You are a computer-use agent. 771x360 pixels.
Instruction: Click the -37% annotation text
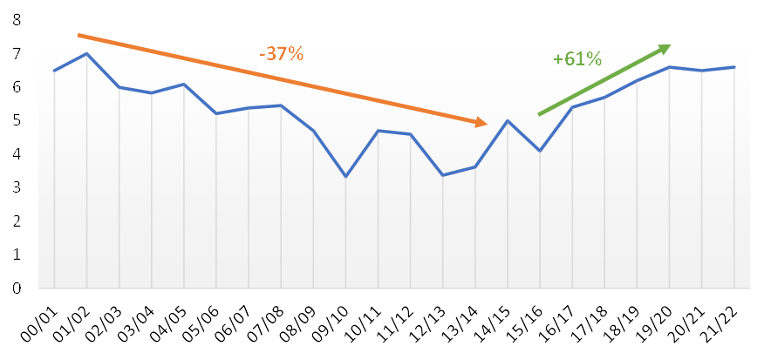coord(281,54)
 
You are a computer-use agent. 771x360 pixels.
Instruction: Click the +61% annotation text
coord(577,59)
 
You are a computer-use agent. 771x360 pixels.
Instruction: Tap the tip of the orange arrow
coord(486,124)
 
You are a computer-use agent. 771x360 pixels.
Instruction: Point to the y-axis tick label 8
coord(17,21)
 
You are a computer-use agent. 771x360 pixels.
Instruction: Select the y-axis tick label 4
coord(17,154)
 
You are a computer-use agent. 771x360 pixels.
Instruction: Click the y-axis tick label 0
coord(17,288)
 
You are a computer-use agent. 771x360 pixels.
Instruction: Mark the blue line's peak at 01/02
coord(86,54)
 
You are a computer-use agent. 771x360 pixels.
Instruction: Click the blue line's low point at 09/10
coord(346,177)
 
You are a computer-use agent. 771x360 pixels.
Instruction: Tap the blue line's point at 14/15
coord(508,121)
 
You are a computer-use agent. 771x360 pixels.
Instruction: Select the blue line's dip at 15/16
coord(541,151)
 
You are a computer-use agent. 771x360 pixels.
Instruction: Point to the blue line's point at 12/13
coord(443,175)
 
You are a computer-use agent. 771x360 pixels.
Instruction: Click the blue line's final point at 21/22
coord(735,67)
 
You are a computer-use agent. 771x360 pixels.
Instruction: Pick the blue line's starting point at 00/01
coord(54,71)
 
